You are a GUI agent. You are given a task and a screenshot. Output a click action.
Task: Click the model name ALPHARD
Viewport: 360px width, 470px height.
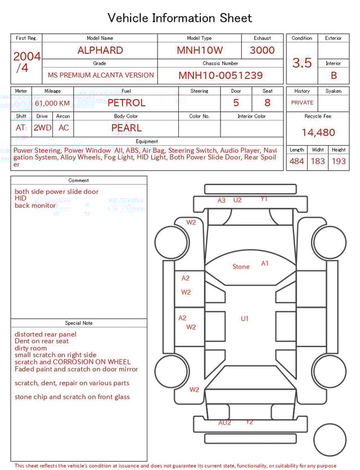coord(100,50)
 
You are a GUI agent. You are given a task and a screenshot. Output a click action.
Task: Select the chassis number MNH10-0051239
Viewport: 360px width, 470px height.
coord(220,75)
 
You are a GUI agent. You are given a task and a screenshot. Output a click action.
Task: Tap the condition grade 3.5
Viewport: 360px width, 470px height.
coord(302,63)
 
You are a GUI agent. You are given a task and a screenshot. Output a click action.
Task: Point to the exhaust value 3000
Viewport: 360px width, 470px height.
coord(262,50)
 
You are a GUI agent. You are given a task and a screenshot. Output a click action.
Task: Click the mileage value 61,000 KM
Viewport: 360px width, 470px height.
coord(52,104)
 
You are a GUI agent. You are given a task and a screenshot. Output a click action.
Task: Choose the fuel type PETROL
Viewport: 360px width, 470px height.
coord(126,103)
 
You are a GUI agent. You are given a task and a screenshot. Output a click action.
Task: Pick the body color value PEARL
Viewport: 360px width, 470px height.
coord(126,128)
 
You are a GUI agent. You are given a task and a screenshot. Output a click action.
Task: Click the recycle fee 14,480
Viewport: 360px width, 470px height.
coord(318,133)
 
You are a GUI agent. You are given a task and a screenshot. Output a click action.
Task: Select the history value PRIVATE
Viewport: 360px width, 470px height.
coord(302,103)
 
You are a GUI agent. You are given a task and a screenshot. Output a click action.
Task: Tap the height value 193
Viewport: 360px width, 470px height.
coord(339,162)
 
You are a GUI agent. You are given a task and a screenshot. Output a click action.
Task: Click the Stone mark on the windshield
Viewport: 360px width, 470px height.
coord(241,267)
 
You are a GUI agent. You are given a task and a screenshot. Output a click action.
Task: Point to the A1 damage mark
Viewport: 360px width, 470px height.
coord(265,263)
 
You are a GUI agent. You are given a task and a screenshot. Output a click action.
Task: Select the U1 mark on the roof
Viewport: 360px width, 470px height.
coord(245,319)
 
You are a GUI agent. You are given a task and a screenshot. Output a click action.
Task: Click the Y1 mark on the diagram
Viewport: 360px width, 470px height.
coord(264,199)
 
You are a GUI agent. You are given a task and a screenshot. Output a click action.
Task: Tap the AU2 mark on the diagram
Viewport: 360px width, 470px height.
coord(224,423)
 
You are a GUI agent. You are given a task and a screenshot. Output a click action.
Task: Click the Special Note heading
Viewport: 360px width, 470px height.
coord(79,323)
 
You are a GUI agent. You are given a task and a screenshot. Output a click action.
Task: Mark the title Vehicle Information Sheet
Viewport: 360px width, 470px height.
coord(180,18)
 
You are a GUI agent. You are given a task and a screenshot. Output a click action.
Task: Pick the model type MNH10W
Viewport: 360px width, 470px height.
coord(199,50)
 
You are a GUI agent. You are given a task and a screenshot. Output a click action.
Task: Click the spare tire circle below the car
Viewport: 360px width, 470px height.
coord(330,440)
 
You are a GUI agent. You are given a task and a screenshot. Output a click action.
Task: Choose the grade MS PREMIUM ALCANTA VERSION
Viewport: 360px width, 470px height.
coord(101,75)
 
